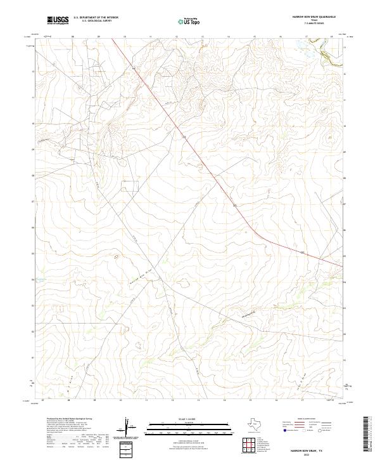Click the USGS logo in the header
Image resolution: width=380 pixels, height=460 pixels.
click(58, 21)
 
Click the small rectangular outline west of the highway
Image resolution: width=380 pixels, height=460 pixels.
click(130, 185)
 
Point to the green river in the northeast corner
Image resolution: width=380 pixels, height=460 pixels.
click(330, 58)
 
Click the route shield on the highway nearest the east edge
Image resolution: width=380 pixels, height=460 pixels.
click(302, 252)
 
